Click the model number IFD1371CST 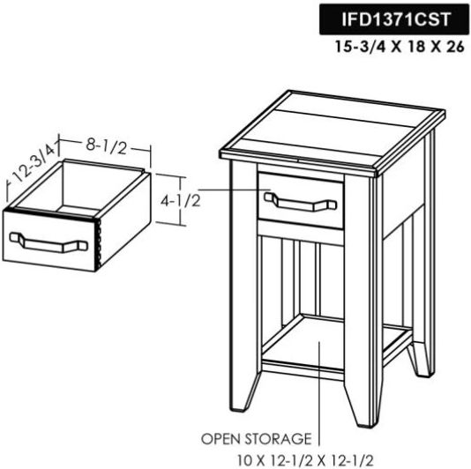396,19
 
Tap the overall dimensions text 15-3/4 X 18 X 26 400,47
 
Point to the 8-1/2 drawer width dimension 107,147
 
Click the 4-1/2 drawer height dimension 180,201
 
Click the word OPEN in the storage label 221,439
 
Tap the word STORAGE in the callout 278,439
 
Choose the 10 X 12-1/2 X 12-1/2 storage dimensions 306,460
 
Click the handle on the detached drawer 49,242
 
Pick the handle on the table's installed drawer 301,202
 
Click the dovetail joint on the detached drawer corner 97,244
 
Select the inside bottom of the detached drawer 78,210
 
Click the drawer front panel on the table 301,201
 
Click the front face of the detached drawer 49,241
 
